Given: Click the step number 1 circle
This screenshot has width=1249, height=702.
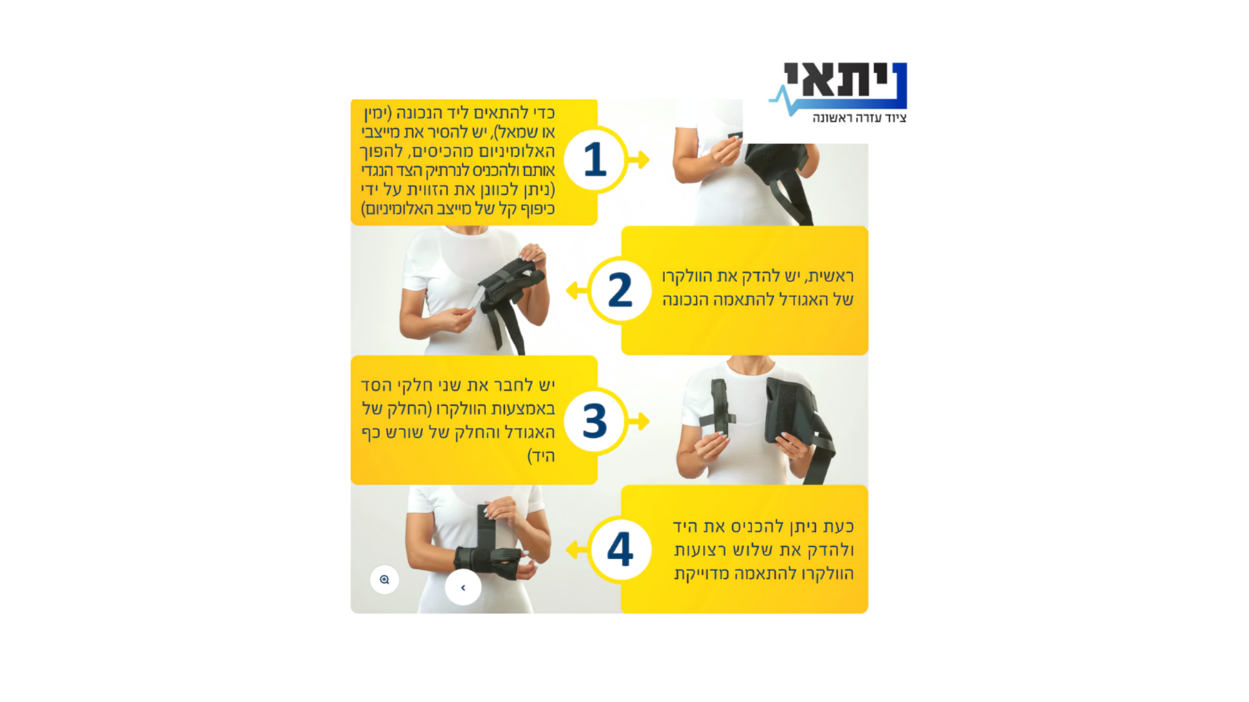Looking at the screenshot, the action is [595, 160].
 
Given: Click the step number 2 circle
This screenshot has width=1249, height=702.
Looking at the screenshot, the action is [620, 291].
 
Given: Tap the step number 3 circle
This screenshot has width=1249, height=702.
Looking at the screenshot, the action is [595, 421].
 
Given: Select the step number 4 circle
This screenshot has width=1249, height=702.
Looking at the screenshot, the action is [620, 550].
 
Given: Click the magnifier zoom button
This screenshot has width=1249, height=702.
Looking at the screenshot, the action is [384, 579].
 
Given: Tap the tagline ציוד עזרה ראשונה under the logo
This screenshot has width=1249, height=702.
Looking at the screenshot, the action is [859, 118].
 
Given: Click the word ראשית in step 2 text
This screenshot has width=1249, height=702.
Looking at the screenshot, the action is [830, 277].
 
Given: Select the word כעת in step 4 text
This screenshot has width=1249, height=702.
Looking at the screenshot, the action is [838, 526].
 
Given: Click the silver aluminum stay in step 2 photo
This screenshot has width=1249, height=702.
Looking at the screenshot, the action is [476, 298].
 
